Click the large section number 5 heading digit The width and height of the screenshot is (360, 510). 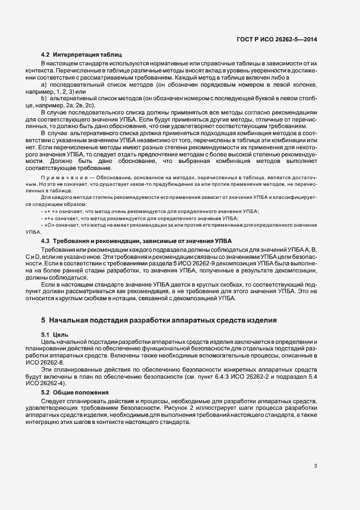pos(44,320)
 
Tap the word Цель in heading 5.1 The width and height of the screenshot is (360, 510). pos(59,333)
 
